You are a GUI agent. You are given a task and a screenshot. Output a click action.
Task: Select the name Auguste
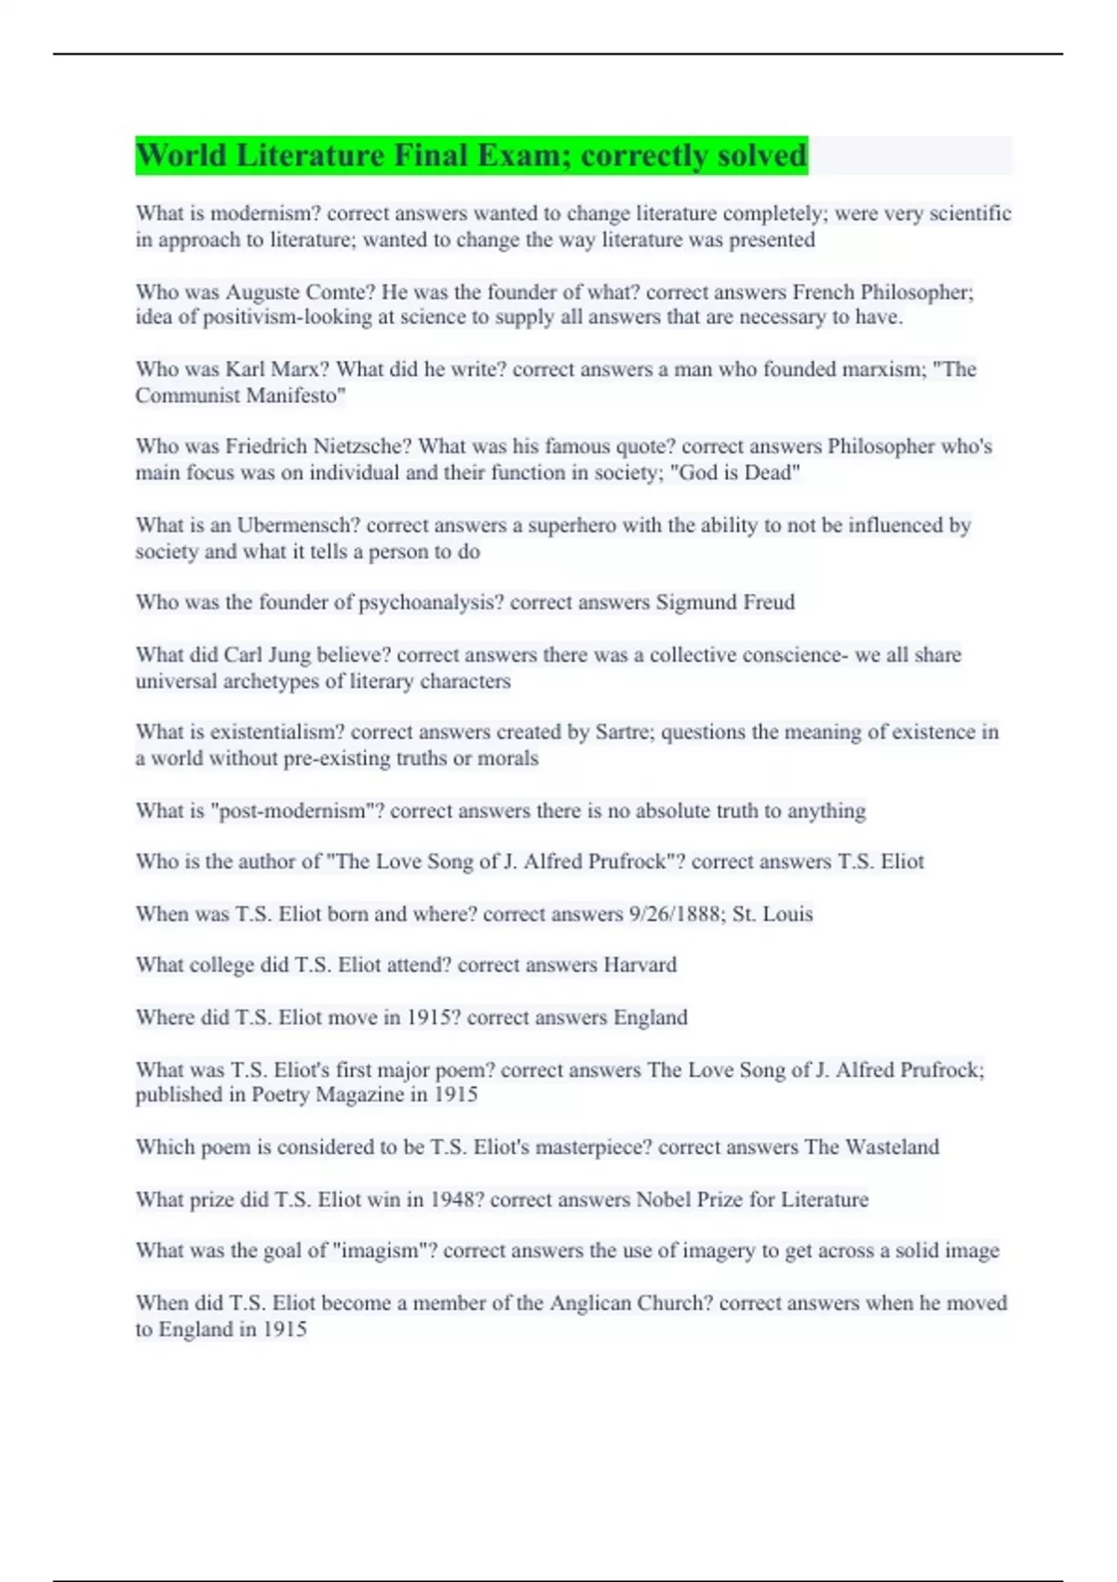click(263, 292)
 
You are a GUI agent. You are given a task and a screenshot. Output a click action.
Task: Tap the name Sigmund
click(695, 603)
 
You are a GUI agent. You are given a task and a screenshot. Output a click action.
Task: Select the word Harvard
click(639, 965)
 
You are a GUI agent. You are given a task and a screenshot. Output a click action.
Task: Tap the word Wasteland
click(892, 1147)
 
